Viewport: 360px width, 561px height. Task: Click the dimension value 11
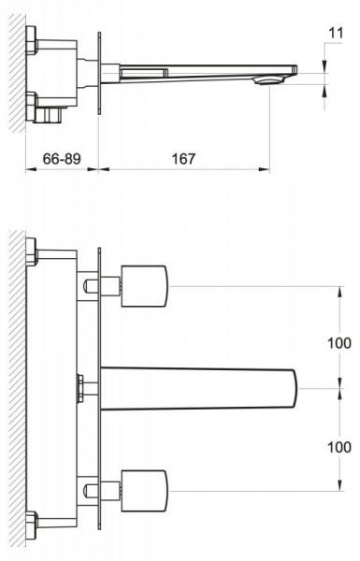(336, 33)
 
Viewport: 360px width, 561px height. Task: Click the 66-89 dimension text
(62, 159)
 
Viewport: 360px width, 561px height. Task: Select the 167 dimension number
(183, 159)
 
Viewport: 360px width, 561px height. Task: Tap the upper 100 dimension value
(339, 343)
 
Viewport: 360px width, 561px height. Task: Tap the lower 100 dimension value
(339, 447)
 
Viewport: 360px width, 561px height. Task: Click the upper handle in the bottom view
(145, 286)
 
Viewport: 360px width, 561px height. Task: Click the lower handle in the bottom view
(145, 491)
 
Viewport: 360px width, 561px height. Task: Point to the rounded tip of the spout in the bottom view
(295, 389)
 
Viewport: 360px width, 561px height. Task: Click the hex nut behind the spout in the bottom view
(80, 388)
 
